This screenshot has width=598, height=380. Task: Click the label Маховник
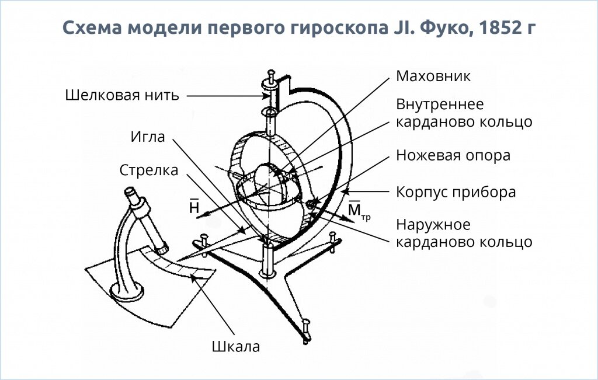[433, 76]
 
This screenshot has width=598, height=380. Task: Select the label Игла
[148, 137]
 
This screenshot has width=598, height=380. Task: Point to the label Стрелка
[149, 170]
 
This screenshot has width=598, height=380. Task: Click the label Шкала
[235, 347]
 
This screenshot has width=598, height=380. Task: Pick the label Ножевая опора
[453, 155]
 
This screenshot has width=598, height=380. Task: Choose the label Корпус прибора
[456, 192]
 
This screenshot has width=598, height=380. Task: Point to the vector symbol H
[194, 207]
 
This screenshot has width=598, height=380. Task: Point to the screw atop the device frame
[272, 76]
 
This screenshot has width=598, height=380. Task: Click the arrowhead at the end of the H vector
[200, 217]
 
